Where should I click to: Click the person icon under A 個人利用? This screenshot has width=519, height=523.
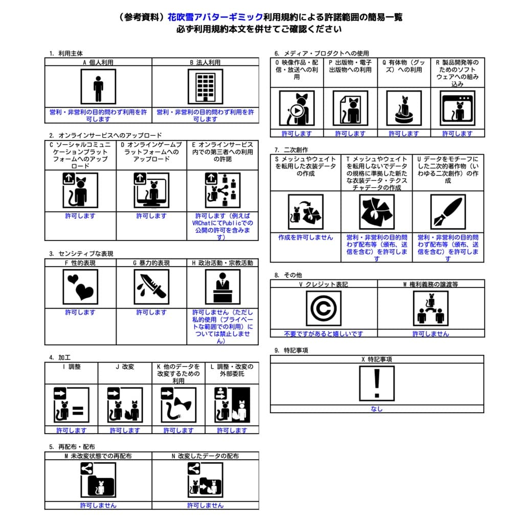(x=98, y=87)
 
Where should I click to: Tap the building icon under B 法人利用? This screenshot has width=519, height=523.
(x=206, y=87)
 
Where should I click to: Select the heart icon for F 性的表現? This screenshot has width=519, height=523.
(x=80, y=287)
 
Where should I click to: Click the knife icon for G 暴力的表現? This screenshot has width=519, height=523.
(x=151, y=287)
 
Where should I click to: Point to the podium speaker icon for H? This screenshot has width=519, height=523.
(x=223, y=287)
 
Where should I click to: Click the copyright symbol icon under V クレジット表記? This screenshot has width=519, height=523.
(x=324, y=308)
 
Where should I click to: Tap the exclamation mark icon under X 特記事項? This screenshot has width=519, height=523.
(x=377, y=383)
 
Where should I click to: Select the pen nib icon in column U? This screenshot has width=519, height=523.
(x=448, y=212)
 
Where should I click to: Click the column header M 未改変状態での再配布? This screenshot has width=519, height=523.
(x=98, y=456)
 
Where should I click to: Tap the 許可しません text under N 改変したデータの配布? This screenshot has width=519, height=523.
(x=206, y=505)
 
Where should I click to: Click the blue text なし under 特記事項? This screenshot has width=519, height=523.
(x=377, y=409)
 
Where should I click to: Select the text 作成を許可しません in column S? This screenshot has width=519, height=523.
(x=305, y=237)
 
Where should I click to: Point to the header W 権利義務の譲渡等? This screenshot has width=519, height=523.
(x=431, y=284)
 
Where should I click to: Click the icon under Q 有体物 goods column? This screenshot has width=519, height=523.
(x=404, y=108)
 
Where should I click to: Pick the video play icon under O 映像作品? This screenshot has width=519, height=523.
(x=297, y=108)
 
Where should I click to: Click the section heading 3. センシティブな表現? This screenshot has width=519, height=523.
(x=81, y=253)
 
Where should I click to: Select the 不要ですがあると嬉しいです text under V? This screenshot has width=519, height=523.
(x=324, y=334)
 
